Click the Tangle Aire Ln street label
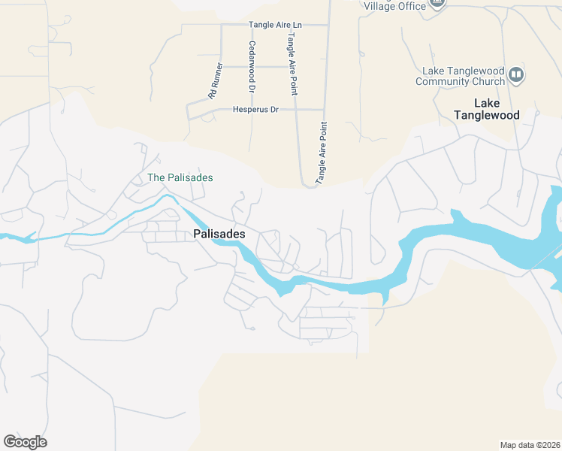pyautogui.click(x=275, y=25)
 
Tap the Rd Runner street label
pyautogui.click(x=216, y=80)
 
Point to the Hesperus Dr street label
pyautogui.click(x=255, y=110)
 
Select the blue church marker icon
pyautogui.click(x=516, y=74)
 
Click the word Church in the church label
pyautogui.click(x=485, y=81)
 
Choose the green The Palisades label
pyautogui.click(x=180, y=178)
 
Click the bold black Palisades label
pyautogui.click(x=219, y=235)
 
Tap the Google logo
pyautogui.click(x=25, y=442)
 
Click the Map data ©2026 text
pyautogui.click(x=530, y=445)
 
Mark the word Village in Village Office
pyautogui.click(x=379, y=6)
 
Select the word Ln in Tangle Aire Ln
pyautogui.click(x=297, y=25)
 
